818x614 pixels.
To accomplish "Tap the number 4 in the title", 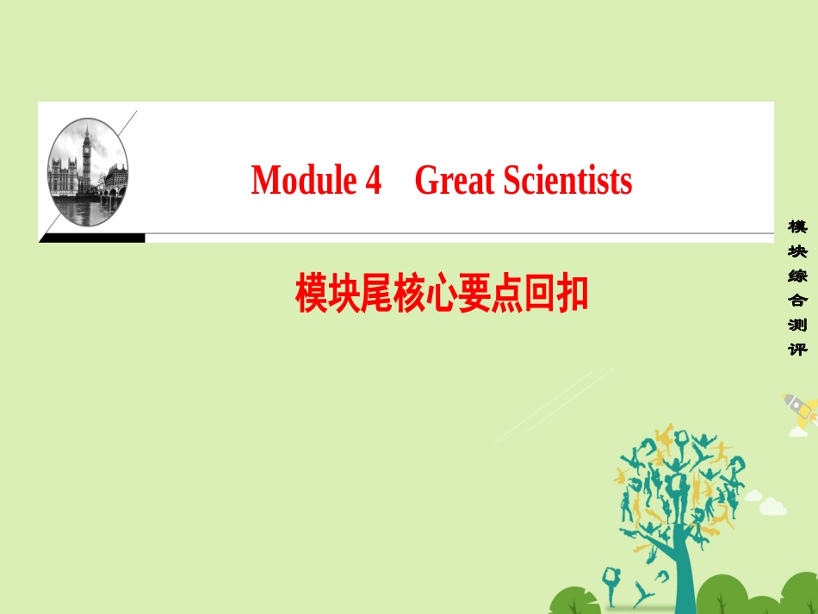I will pos(373,182).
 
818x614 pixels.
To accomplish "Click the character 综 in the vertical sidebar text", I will pos(796,276).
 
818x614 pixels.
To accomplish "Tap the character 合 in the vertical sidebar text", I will pos(796,301).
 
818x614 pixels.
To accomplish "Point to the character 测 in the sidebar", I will pos(796,326).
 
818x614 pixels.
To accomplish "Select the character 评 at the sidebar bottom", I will pos(796,350).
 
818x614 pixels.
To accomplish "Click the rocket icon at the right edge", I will pos(800,412).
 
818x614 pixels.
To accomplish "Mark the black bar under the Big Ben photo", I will pos(92,238).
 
